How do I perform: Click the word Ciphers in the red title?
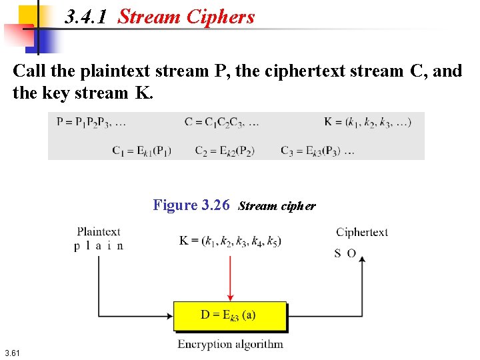219,17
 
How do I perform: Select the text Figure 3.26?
191,205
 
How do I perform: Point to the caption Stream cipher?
277,205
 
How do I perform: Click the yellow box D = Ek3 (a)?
230,315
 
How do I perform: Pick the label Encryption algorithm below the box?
230,345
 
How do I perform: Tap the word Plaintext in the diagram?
99,232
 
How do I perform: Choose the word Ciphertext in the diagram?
362,232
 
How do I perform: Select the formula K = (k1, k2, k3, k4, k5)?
230,241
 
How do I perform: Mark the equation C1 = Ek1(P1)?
142,151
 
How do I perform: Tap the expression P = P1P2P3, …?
91,122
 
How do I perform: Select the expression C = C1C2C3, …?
222,122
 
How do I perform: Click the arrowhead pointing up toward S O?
362,262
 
